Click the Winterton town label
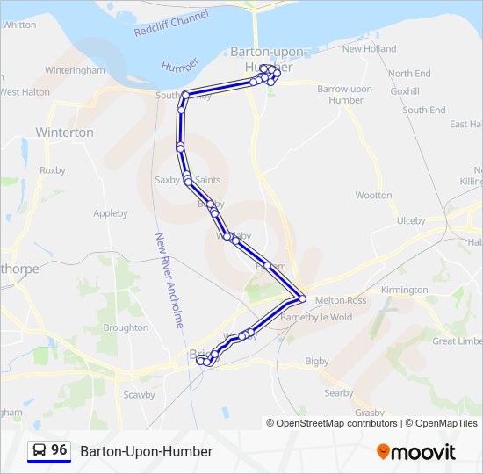coord(64,133)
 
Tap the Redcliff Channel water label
coord(172,24)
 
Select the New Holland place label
coord(369,49)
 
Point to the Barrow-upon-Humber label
coord(346,95)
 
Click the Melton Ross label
coord(341,299)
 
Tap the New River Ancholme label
coord(169,279)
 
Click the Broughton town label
coord(126,327)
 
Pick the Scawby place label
coord(139,395)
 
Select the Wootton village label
coord(373,196)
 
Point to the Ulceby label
coord(411,220)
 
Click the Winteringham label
coord(75,69)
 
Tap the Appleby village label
coord(111,213)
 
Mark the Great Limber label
coord(457,341)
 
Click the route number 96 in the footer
coord(59,450)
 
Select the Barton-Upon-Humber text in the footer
coord(146,451)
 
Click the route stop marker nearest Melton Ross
coord(302,298)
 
